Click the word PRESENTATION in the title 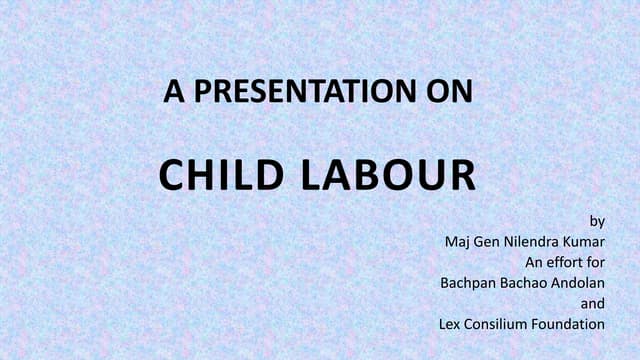click(x=299, y=93)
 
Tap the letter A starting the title click(x=174, y=93)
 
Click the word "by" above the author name click(x=598, y=220)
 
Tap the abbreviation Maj click(x=456, y=241)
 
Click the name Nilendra click(x=535, y=241)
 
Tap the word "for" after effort click(x=595, y=262)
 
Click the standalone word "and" click(x=593, y=303)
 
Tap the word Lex click(x=450, y=324)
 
